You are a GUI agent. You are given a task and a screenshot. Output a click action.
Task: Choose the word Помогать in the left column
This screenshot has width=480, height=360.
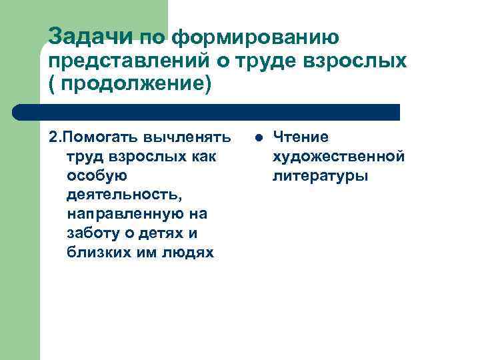tap(98, 137)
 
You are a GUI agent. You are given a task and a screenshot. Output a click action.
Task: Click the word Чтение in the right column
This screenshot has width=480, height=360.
tap(301, 137)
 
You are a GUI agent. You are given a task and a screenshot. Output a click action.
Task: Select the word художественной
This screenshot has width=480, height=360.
tap(338, 157)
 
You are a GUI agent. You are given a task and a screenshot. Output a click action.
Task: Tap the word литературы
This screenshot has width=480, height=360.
tap(319, 176)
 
